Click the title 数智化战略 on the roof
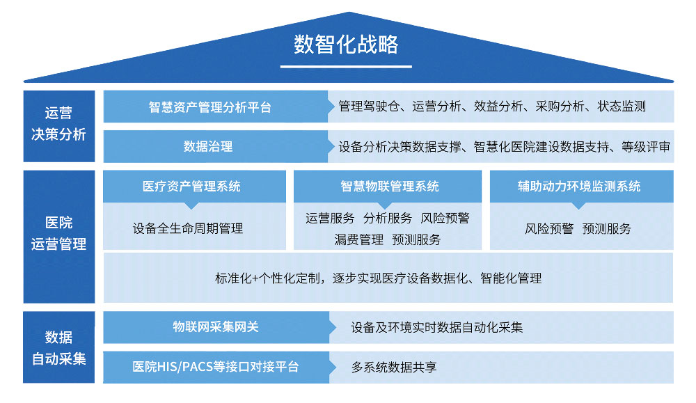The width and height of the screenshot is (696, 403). point(346,45)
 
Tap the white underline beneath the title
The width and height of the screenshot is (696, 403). point(346,67)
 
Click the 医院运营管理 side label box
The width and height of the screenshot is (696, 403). point(58,234)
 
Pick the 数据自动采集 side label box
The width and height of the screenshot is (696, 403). point(58,348)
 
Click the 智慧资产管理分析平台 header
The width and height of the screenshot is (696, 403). point(209,107)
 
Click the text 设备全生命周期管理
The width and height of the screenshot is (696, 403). point(188,228)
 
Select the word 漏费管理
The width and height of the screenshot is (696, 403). point(358,240)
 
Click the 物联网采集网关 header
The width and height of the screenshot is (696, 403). point(216,327)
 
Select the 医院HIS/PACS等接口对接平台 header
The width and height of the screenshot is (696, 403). point(216,367)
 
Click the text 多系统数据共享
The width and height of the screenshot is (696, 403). point(394,368)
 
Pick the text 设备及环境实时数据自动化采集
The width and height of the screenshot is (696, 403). point(437,327)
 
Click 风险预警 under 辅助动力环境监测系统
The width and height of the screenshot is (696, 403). point(548,228)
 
